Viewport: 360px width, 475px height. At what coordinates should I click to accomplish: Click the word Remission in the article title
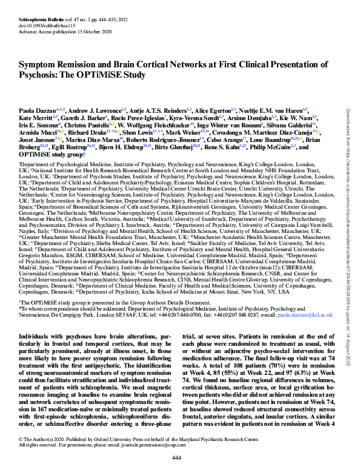coord(76,64)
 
